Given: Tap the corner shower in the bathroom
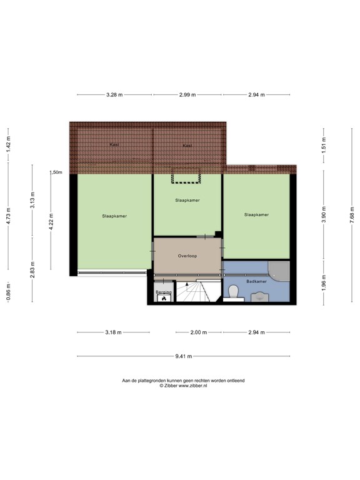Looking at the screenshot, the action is [x=279, y=271].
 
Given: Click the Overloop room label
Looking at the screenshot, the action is [x=187, y=256].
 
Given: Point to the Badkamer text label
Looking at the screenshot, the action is [x=256, y=281].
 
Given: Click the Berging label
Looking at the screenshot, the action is [x=164, y=292].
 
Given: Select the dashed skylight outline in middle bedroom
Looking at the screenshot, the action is [x=186, y=176].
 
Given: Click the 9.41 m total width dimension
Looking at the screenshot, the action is [x=184, y=356].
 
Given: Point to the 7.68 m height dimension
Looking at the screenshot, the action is [x=352, y=215].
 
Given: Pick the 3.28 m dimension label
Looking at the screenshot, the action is [x=114, y=95].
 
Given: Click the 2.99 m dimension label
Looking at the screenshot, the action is [x=187, y=95].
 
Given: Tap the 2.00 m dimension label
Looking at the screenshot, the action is [x=199, y=332].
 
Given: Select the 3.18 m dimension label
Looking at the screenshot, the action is [x=113, y=332].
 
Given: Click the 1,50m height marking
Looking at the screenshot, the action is [x=56, y=172].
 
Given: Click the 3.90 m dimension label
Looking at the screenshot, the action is [x=324, y=214].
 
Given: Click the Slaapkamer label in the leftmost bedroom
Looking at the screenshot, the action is [x=114, y=216].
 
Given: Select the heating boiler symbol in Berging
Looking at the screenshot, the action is [x=164, y=298].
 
